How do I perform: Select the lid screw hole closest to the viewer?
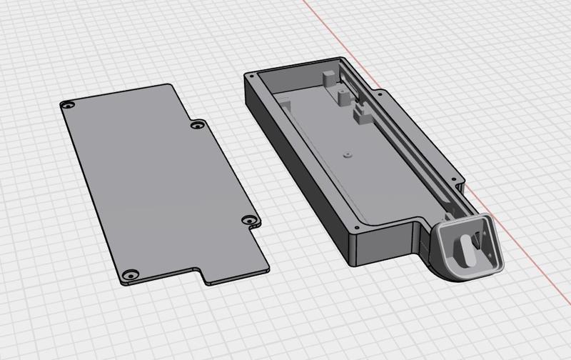(x=129, y=274)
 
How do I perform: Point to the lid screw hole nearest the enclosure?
(x=248, y=221)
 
